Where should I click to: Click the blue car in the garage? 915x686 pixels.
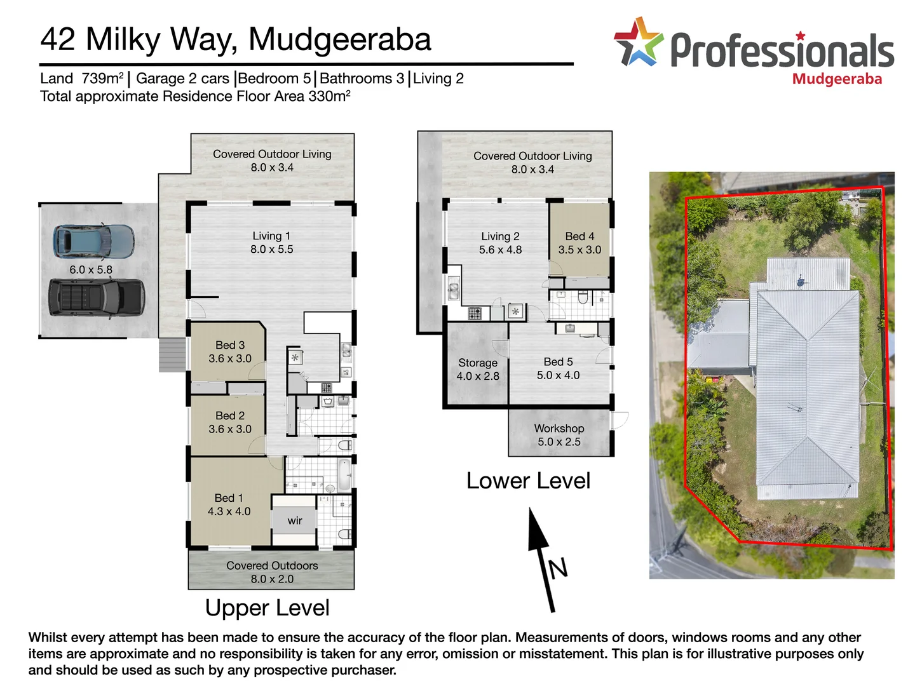click(x=93, y=241)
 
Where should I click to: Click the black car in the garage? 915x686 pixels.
click(x=97, y=298)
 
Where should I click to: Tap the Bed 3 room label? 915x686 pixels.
click(x=230, y=345)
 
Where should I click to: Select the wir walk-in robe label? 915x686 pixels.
click(x=295, y=521)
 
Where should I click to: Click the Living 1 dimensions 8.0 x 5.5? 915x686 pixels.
click(x=272, y=250)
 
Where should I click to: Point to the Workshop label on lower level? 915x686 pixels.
click(x=559, y=429)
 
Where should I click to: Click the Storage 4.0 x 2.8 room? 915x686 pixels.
click(x=478, y=369)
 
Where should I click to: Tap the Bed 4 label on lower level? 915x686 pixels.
click(x=579, y=236)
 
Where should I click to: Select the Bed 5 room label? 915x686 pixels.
click(x=558, y=361)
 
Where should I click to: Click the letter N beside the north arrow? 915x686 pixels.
click(x=558, y=568)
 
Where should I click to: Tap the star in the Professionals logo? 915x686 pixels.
click(x=638, y=43)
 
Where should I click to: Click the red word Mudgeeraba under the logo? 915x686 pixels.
click(x=837, y=79)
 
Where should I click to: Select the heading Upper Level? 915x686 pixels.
click(x=267, y=608)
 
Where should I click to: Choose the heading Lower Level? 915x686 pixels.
click(x=528, y=481)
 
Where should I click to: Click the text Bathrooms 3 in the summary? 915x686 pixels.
click(x=362, y=79)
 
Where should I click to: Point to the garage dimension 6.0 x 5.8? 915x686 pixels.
click(x=91, y=270)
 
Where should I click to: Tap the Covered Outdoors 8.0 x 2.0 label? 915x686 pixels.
click(x=272, y=572)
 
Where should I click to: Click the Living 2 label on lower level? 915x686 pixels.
click(x=500, y=236)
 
